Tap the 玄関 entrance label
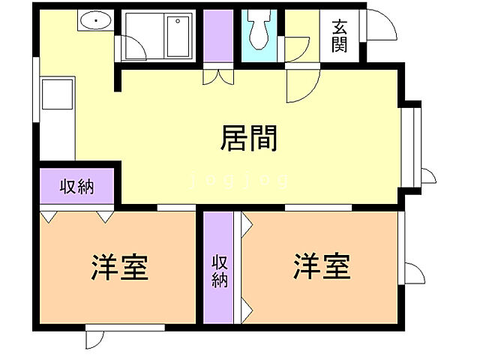339,34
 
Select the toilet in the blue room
260,30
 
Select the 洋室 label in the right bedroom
322,266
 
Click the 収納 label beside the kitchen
76,187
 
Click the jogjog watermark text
239,181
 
